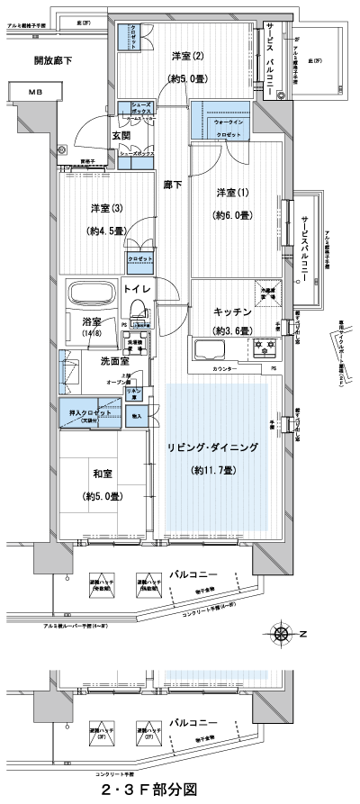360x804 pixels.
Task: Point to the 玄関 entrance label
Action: pos(121,135)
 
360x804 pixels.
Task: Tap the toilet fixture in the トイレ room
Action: pos(139,312)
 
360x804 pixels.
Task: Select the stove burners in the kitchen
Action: pos(266,344)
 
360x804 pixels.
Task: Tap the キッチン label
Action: pos(231,311)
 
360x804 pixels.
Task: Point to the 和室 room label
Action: pos(99,472)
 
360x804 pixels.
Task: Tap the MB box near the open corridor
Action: pos(33,92)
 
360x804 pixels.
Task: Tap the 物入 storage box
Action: pos(138,415)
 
